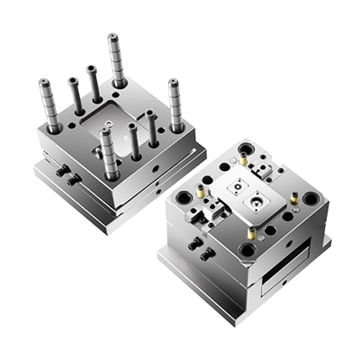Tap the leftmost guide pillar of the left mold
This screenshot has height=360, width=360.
point(50,108)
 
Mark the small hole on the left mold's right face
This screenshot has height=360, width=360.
point(160,168)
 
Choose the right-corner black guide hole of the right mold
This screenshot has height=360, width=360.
point(310,199)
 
